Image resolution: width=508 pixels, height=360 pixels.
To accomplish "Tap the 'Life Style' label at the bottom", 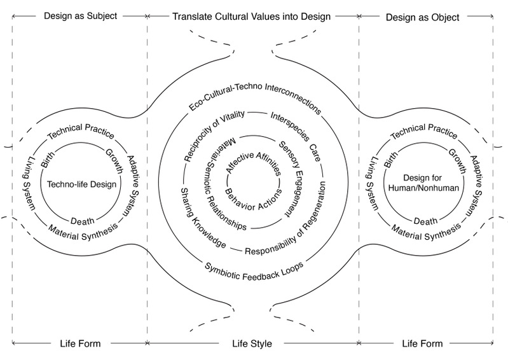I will pyautogui.click(x=252, y=344).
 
